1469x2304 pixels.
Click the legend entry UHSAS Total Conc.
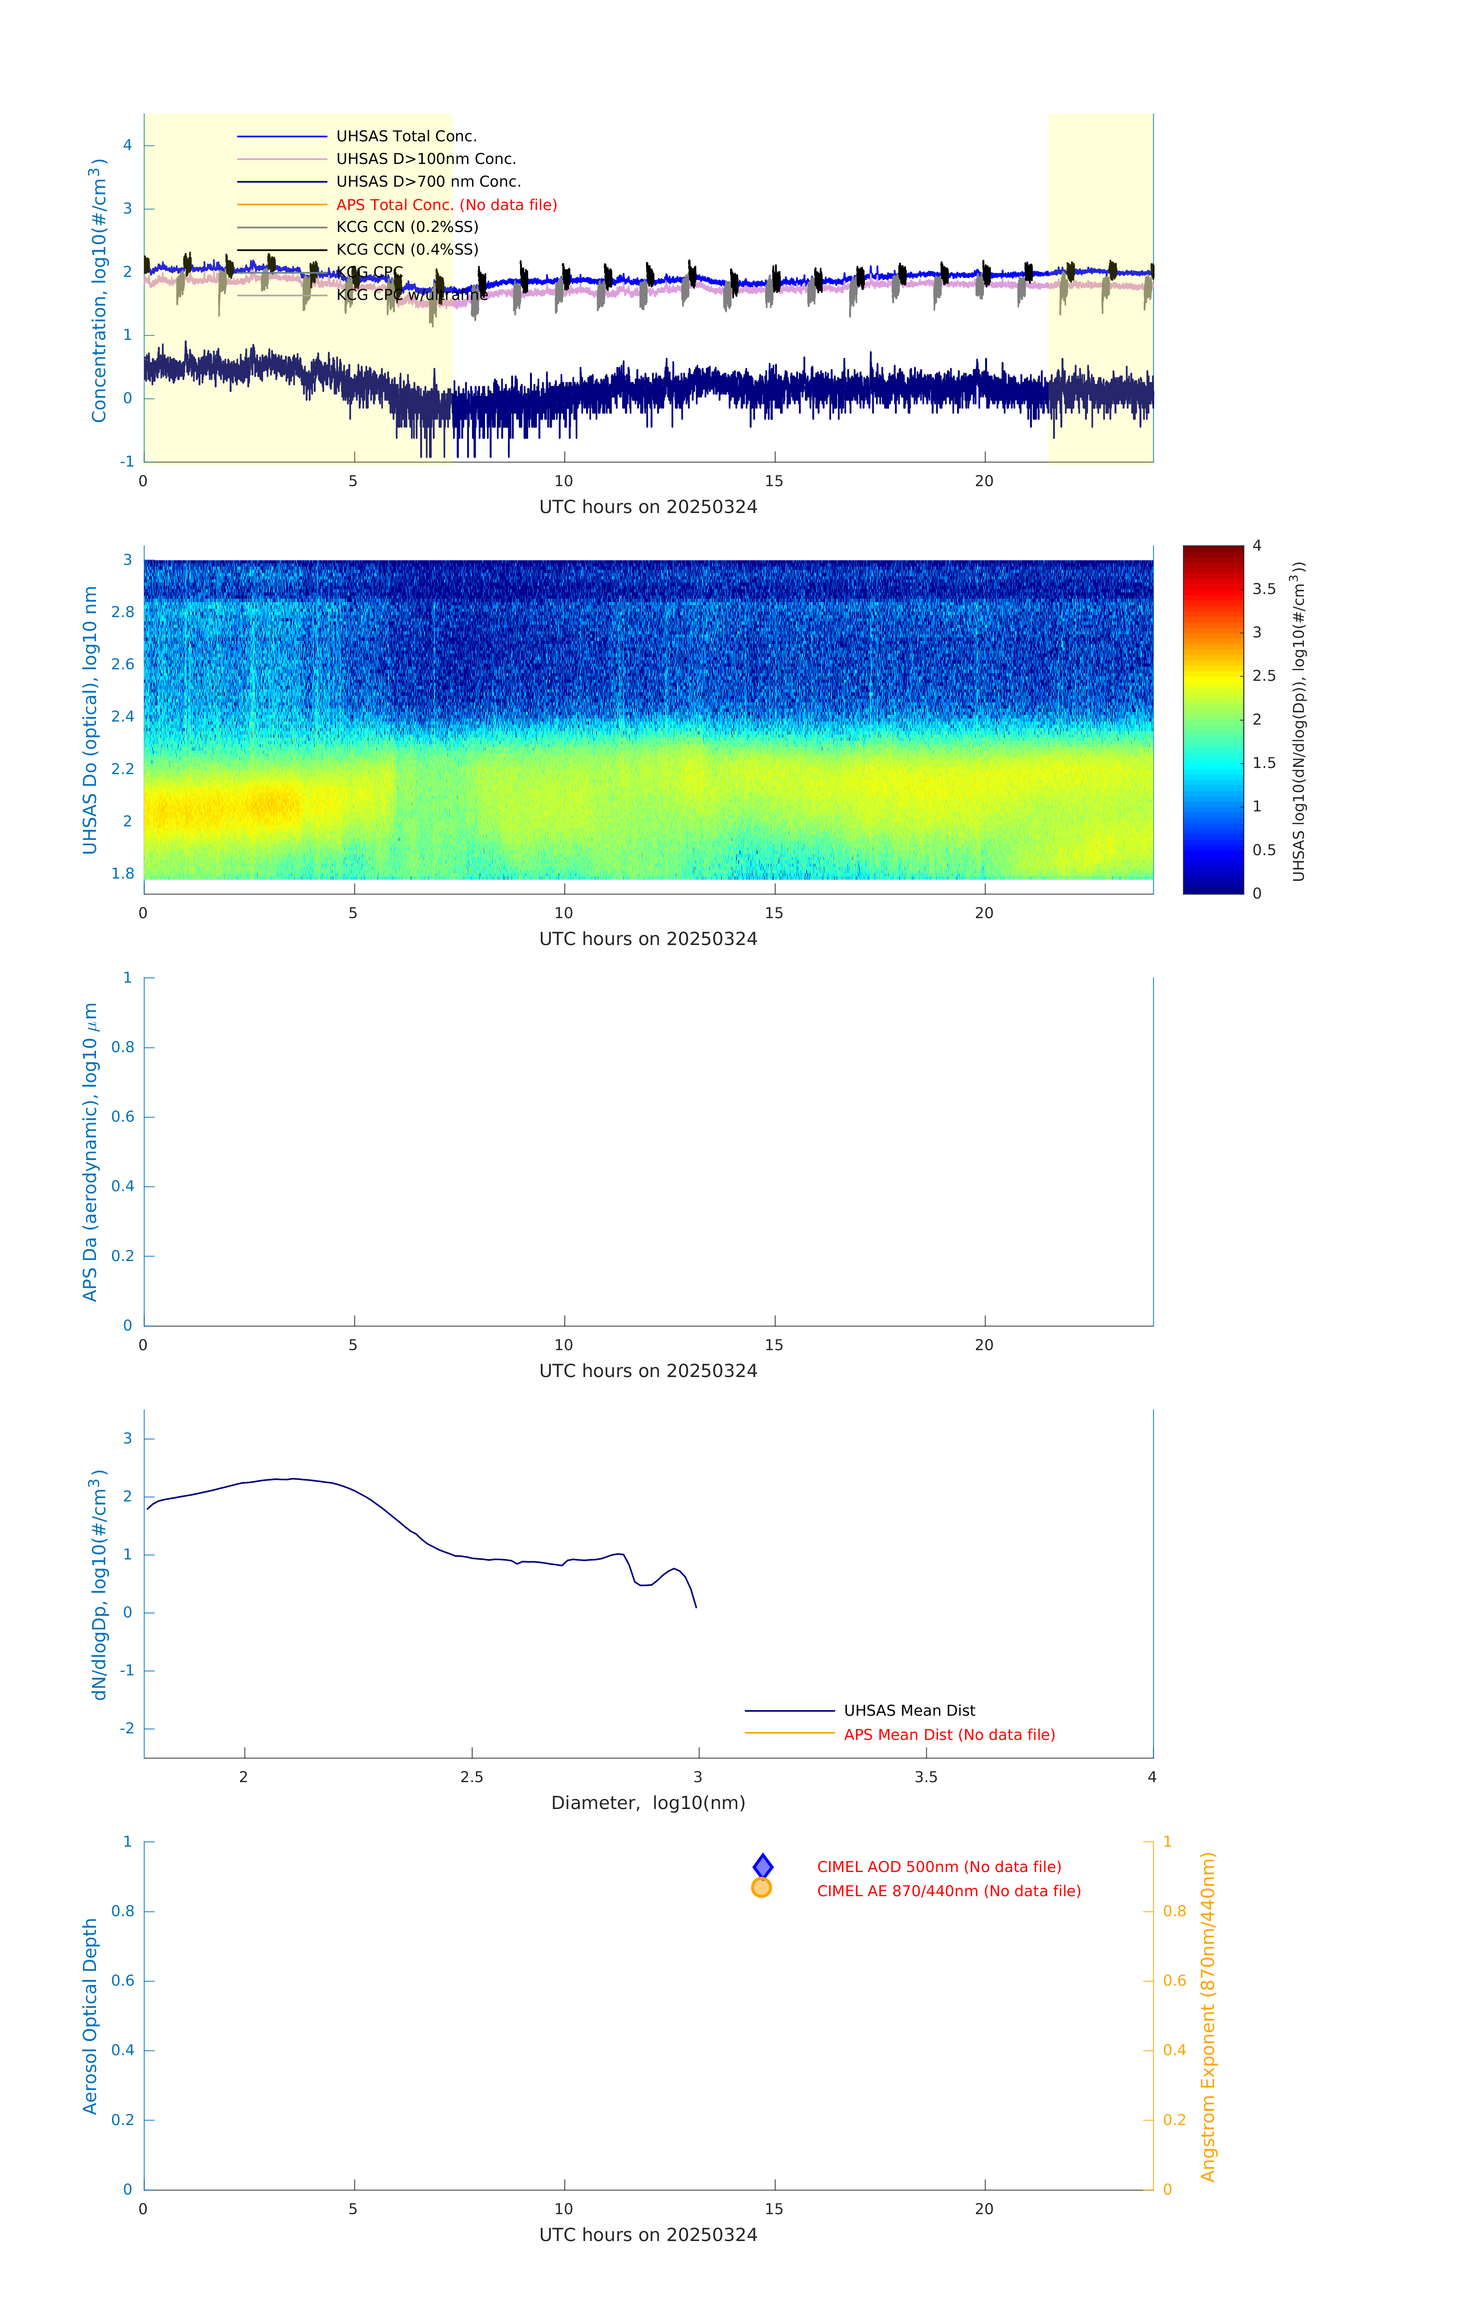tap(406, 136)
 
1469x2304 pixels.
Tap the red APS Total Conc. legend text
tap(446, 205)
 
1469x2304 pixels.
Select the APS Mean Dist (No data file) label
tap(949, 1735)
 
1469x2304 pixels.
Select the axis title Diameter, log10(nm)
tap(648, 1802)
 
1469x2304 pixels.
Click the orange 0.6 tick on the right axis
tap(1174, 1981)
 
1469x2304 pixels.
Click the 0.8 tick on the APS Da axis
tap(123, 1047)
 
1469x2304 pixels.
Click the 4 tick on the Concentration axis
tap(127, 146)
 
